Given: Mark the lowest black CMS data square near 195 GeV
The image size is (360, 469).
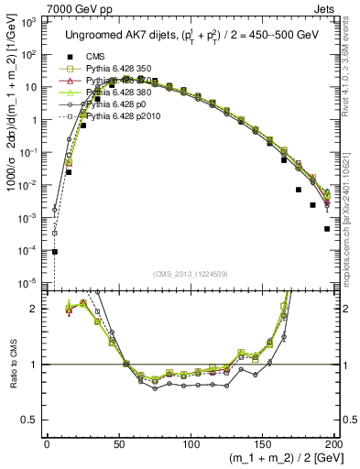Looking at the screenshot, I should (x=327, y=229).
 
